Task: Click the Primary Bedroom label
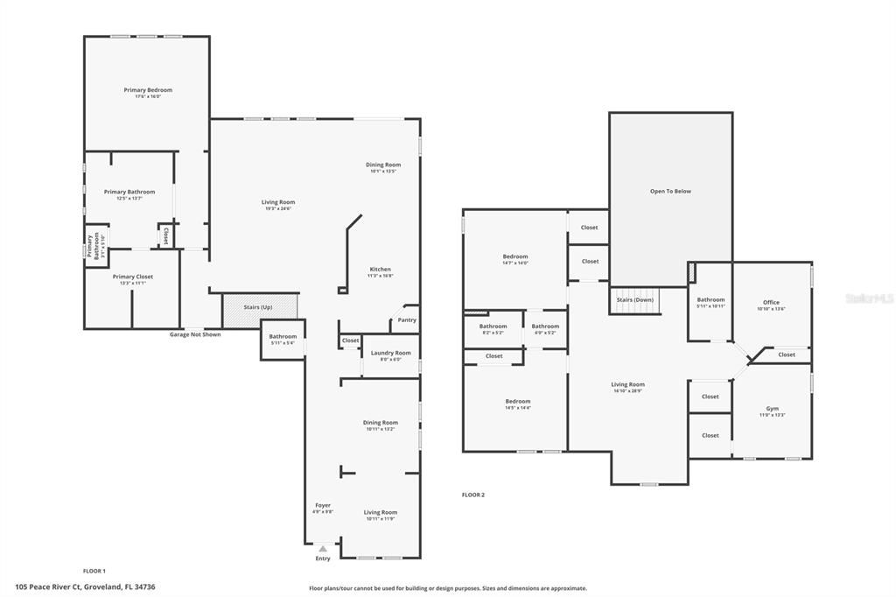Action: coord(148,89)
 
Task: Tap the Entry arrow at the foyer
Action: coord(323,549)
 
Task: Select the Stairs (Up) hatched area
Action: coord(260,308)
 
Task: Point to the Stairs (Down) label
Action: coord(635,299)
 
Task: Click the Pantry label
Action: coord(407,320)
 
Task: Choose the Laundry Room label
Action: coord(390,353)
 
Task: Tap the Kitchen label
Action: coord(380,269)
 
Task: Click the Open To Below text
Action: coord(670,191)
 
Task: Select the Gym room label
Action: coord(772,408)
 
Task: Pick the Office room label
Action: coord(771,302)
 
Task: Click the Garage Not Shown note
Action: coord(195,334)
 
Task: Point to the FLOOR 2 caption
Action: coord(473,495)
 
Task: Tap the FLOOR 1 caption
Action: coord(94,570)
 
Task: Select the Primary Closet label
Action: coord(132,276)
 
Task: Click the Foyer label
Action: coord(323,505)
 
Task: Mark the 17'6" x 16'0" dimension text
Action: coord(148,96)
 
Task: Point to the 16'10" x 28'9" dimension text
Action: coord(627,390)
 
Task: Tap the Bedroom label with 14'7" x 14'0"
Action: coord(515,256)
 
